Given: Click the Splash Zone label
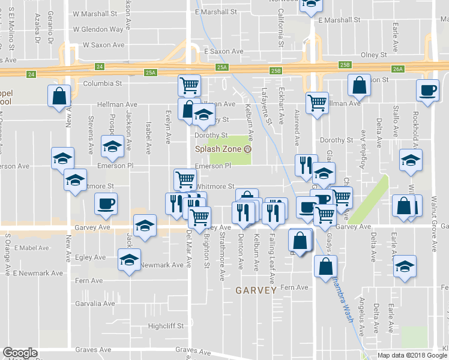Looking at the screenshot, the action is point(217,149).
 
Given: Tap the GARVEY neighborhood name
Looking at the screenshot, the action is point(256,290).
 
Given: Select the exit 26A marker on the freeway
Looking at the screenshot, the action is point(398,69).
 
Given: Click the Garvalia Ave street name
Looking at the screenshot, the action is point(95,304).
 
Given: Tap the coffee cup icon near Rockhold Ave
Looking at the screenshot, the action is point(427,91).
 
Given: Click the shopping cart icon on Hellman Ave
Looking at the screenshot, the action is point(317,102).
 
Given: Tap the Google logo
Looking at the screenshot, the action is point(20,353).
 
